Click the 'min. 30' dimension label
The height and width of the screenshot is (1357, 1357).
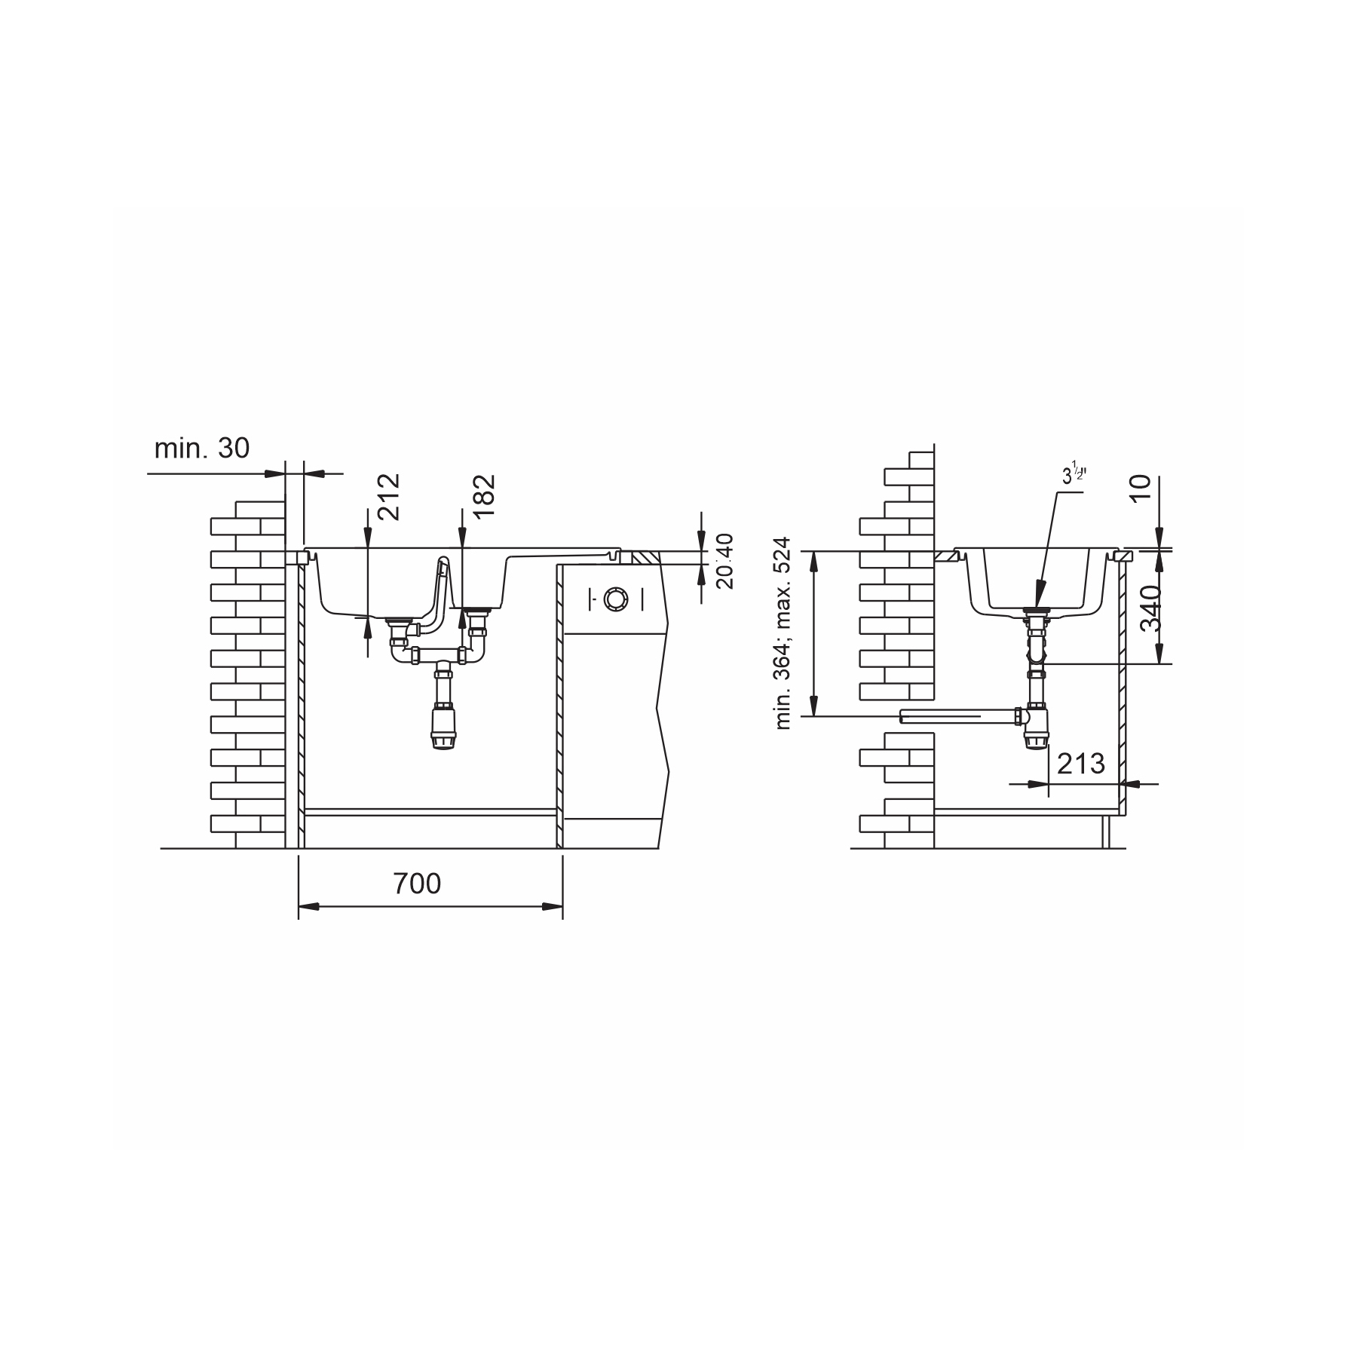pyautogui.click(x=201, y=449)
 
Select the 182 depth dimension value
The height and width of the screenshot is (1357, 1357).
pyautogui.click(x=483, y=495)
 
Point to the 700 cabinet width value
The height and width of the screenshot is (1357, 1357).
pyautogui.click(x=417, y=883)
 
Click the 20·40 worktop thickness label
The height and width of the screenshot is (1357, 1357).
pyautogui.click(x=724, y=562)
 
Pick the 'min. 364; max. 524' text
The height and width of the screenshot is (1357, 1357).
pyautogui.click(x=783, y=633)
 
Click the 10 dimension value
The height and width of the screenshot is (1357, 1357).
pyautogui.click(x=1141, y=489)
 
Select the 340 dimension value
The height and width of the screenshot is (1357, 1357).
pyautogui.click(x=1151, y=608)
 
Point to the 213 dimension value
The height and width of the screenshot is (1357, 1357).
pyautogui.click(x=1081, y=764)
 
